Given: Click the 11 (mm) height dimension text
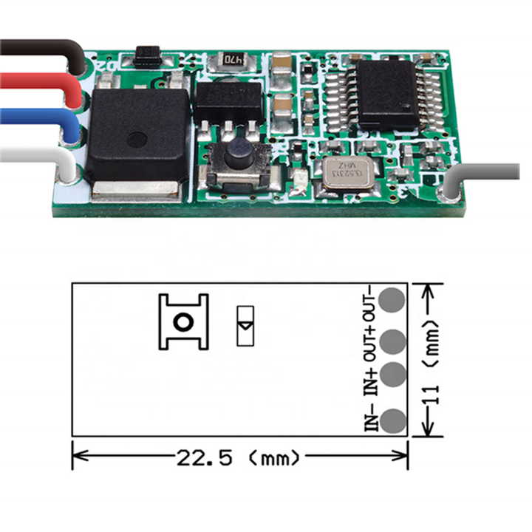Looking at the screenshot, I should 434,358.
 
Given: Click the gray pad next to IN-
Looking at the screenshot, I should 393,419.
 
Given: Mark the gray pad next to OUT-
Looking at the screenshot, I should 393,300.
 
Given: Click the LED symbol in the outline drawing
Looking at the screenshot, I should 245,325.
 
